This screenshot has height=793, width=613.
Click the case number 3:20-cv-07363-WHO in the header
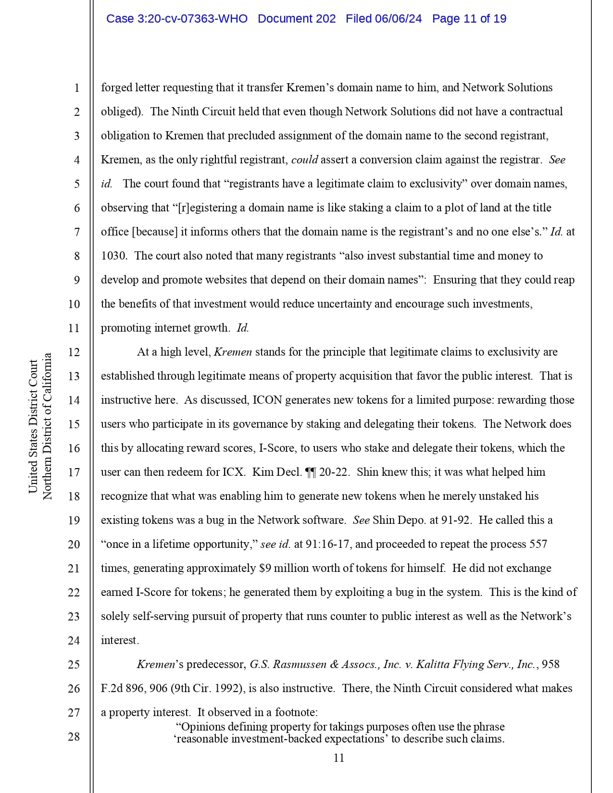click(x=176, y=19)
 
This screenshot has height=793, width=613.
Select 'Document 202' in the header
click(x=297, y=19)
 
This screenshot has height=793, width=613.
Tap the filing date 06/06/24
click(x=398, y=19)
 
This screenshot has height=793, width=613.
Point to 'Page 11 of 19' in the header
click(x=469, y=19)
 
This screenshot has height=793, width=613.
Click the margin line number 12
click(x=74, y=352)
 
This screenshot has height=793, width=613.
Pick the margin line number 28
click(x=74, y=737)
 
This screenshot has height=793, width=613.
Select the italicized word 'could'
click(x=304, y=160)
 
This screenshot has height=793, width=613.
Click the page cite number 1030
click(x=113, y=256)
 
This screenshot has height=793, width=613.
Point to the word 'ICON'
click(x=267, y=400)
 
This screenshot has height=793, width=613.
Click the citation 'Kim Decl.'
click(x=277, y=472)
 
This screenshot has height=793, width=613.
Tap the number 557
click(x=538, y=545)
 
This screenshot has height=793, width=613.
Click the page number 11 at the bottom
click(x=338, y=758)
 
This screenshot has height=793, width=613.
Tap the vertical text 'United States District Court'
click(x=33, y=426)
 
